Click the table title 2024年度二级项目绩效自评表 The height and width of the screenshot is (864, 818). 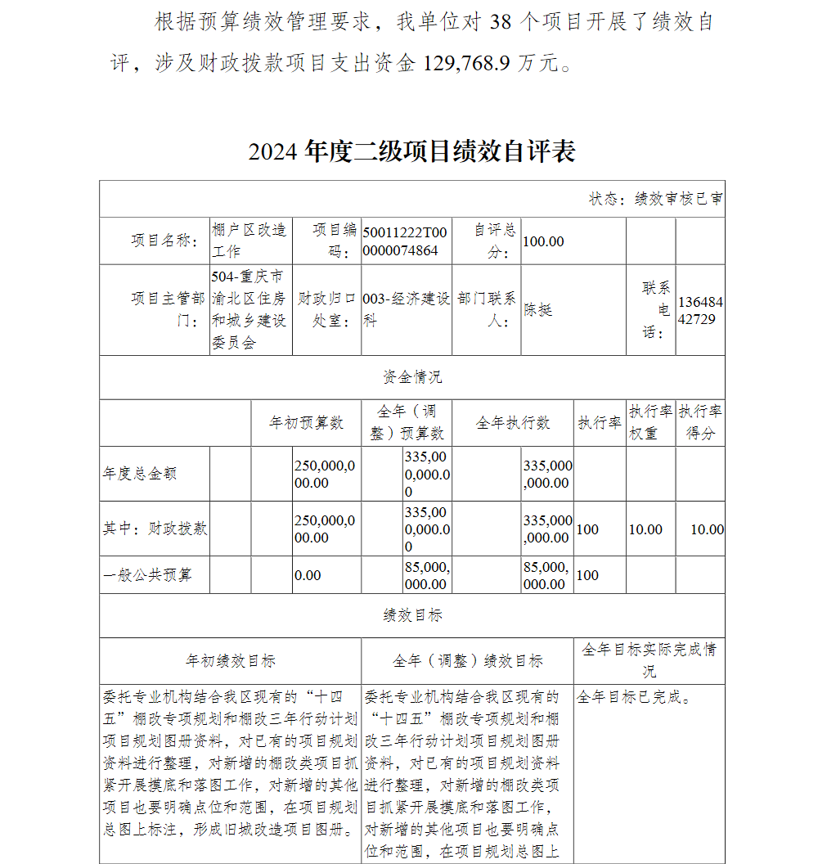pos(411,151)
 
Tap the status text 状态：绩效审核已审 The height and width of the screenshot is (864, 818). pos(655,199)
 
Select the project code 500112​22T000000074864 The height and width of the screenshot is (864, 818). pos(406,241)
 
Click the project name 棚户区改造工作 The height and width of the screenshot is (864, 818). pos(249,241)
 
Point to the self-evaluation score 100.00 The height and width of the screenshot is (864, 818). pos(543,241)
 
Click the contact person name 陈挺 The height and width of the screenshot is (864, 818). pos(538,309)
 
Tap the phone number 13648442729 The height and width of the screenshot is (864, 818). pos(700,311)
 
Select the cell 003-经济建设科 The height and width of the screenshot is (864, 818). pos(406,310)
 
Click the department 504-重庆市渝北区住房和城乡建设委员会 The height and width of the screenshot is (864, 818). pos(249,309)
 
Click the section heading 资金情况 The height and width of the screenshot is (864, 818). pos(411,377)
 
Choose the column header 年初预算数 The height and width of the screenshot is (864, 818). pos(307,422)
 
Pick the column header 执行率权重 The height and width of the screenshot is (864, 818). pos(650,422)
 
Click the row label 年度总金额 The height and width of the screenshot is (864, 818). pos(140,474)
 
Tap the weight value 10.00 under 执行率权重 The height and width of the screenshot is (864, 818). pos(645,529)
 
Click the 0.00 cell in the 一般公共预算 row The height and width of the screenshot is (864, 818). pos(308,575)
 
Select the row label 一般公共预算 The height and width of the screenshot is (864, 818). pos(147,575)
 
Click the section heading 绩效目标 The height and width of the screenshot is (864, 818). pos(411,615)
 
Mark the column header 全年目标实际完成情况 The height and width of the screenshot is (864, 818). pos(649,660)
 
